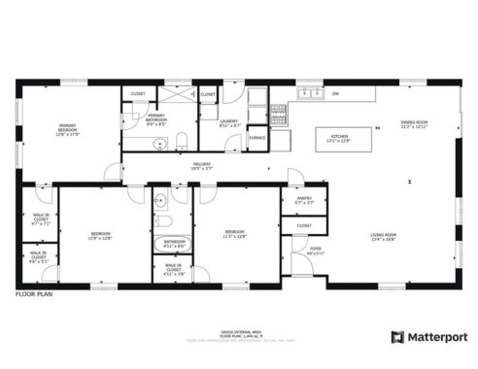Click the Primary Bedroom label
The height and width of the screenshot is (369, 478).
click(x=67, y=130)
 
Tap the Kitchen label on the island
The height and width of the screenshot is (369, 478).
click(x=339, y=138)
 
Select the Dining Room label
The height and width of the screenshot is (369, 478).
click(x=414, y=124)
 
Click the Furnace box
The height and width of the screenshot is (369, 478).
click(x=257, y=138)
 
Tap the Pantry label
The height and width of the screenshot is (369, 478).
click(x=303, y=199)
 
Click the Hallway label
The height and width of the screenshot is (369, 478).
click(x=201, y=166)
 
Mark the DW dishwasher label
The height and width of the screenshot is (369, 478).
click(x=335, y=94)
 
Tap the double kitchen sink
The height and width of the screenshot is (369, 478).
click(x=311, y=94)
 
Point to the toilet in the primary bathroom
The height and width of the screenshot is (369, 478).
click(x=182, y=144)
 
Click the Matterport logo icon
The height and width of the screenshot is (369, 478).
click(x=397, y=337)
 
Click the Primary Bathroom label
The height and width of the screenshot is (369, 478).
click(x=156, y=121)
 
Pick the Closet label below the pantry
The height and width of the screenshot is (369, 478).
click(x=303, y=225)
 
